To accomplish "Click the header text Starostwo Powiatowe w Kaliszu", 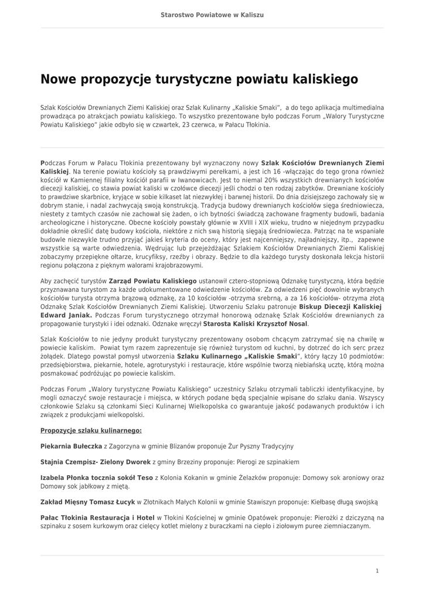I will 212,14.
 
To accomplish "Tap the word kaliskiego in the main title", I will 321,79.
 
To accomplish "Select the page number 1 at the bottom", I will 377,570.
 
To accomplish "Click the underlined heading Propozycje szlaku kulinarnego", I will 91,430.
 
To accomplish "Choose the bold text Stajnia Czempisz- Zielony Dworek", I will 96,462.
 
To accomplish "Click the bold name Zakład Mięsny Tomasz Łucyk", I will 88,502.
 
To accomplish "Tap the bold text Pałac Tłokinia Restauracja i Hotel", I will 97,517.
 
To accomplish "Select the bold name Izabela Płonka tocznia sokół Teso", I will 97,478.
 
